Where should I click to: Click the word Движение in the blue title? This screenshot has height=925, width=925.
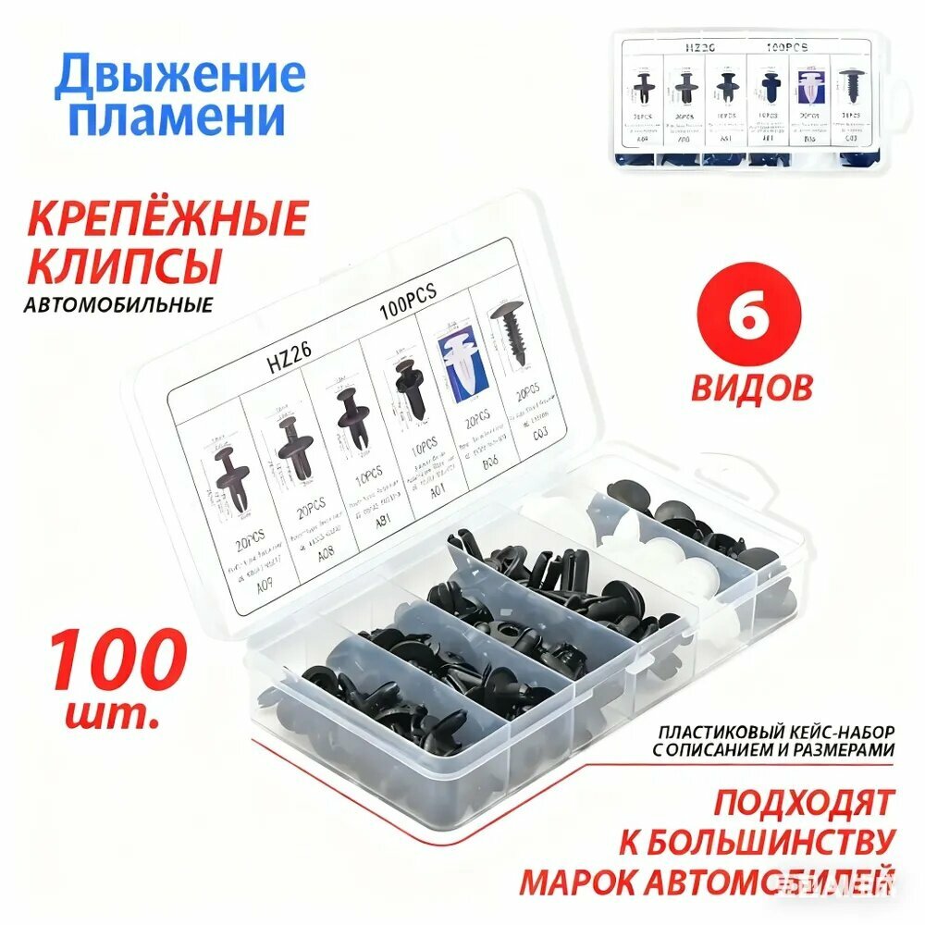[179, 76]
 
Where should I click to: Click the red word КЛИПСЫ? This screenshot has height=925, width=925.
[124, 265]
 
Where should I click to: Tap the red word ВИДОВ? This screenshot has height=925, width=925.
[751, 386]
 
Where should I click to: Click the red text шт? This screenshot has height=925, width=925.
[112, 713]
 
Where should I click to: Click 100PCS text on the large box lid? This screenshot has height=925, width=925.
[408, 302]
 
